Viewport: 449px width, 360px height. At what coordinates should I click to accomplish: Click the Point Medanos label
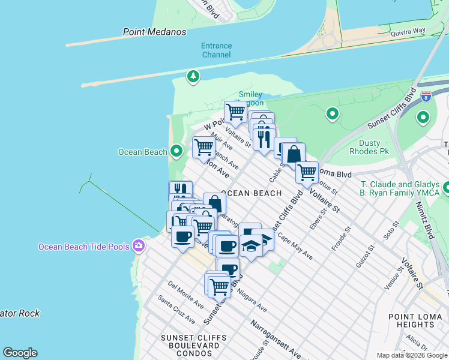(x=154, y=32)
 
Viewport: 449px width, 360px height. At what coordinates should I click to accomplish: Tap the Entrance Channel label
(x=216, y=50)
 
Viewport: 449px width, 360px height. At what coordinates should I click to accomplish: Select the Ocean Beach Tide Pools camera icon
(x=139, y=245)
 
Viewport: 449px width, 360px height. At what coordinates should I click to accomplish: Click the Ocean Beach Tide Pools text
(x=85, y=247)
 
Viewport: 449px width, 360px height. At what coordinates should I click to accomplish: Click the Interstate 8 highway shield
(x=426, y=96)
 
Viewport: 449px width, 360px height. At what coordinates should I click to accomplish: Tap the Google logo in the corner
(x=20, y=353)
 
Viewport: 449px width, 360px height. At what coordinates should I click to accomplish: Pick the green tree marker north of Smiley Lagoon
(x=193, y=76)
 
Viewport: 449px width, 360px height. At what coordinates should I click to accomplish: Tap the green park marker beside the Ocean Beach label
(x=176, y=152)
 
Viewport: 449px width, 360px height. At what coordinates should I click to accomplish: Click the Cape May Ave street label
(x=295, y=247)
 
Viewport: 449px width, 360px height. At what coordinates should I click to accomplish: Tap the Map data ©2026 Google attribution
(x=412, y=355)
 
